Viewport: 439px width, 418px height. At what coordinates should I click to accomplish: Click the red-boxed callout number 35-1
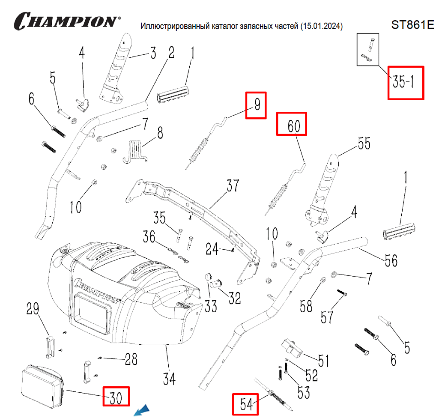(405, 83)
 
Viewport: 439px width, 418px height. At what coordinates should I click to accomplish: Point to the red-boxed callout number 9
(256, 105)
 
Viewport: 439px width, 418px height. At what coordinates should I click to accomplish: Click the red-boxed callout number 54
(245, 404)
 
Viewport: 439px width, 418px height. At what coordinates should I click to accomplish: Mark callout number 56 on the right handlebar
(391, 260)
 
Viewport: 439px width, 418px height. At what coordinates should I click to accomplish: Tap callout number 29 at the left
(33, 309)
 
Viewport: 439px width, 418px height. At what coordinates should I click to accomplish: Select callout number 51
(323, 360)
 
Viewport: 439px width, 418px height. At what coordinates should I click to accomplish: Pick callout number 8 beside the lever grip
(160, 133)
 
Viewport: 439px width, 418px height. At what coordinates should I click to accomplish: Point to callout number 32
(235, 298)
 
